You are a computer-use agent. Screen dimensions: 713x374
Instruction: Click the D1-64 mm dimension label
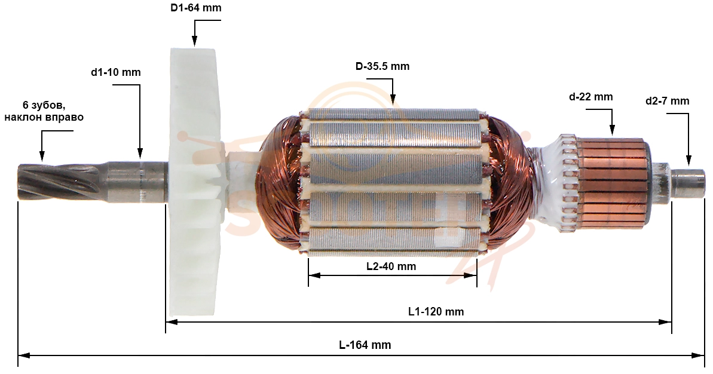[x=196, y=8]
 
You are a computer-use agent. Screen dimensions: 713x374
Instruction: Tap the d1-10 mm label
[x=116, y=72]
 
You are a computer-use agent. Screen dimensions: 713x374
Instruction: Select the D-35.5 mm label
[x=382, y=66]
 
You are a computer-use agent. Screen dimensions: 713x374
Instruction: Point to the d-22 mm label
[x=590, y=97]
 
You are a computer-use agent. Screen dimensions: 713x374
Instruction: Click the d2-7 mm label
[x=667, y=101]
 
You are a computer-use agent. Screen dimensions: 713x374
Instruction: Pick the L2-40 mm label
[x=391, y=266]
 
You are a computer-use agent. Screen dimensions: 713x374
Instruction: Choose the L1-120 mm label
[x=436, y=312]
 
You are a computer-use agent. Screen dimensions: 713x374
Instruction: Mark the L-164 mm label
[x=365, y=345]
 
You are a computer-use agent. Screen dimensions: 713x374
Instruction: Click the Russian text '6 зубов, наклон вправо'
[x=44, y=111]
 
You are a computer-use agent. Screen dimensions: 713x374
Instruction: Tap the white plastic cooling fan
[x=197, y=182]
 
